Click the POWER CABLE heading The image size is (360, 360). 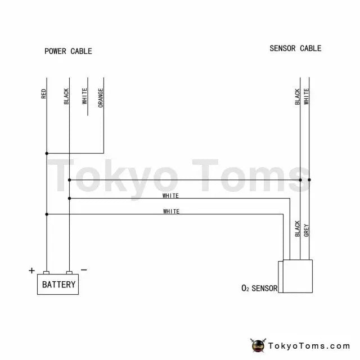tap(68, 51)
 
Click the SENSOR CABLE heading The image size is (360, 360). tap(295, 48)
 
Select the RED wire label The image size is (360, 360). tap(43, 94)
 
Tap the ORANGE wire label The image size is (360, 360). tap(101, 98)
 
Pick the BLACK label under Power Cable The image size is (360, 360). tap(66, 96)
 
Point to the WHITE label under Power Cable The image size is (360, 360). tap(84, 96)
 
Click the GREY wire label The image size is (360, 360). tap(306, 230)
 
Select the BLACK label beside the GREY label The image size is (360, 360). tap(298, 229)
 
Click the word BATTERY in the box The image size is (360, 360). tap(58, 285)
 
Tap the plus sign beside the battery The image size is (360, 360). tap(31, 271)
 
